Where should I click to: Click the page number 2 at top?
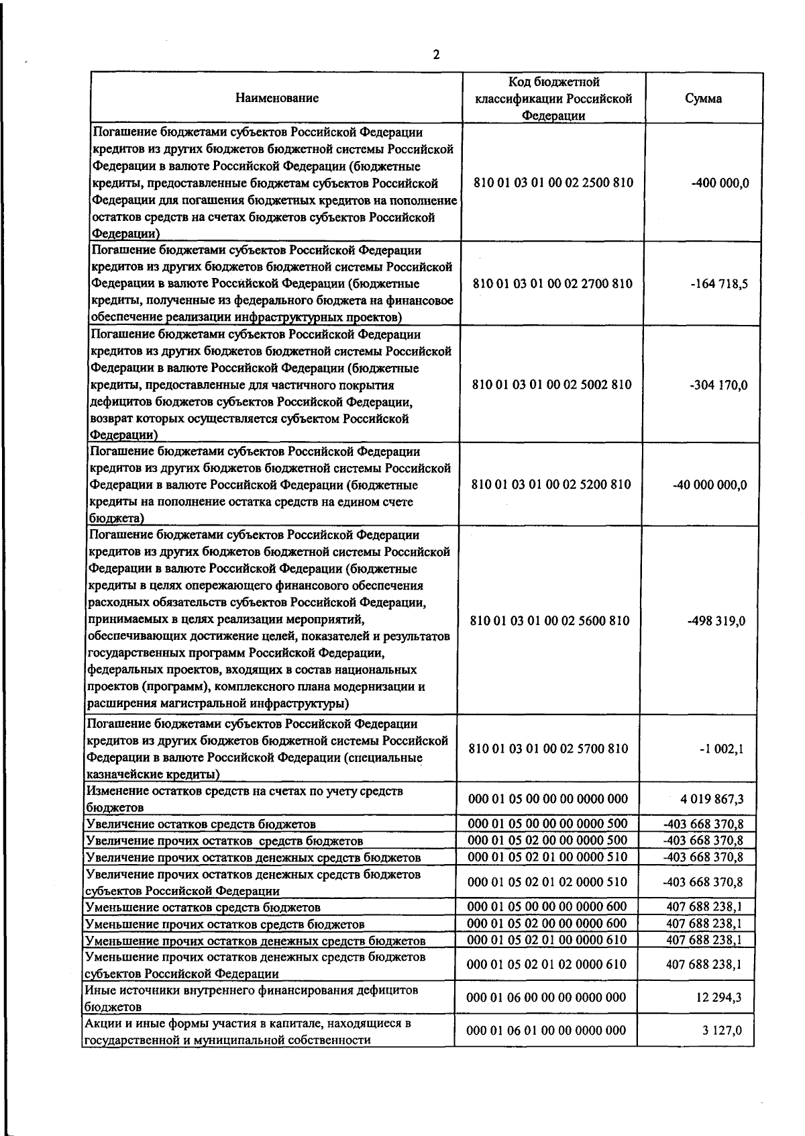pos(436,55)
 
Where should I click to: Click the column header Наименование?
pos(277,98)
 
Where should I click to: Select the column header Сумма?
pos(703,99)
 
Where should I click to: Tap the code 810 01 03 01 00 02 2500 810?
pos(553,183)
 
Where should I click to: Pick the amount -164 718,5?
pos(719,284)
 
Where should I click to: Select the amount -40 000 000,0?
pos(710,485)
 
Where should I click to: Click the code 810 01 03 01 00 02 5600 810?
pos(550,620)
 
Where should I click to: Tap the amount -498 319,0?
pos(716,621)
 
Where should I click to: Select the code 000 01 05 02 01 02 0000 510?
pos(547,882)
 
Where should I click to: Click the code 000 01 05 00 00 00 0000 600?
pos(547,906)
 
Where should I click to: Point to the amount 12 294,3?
pos(718,998)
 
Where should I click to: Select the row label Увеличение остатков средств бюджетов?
pos(201,824)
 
